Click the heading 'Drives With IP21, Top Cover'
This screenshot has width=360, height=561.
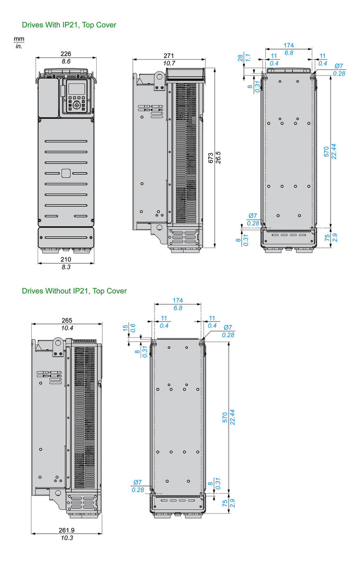[69, 25]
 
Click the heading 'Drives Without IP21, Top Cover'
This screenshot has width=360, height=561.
[74, 291]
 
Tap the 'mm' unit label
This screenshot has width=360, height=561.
[19, 38]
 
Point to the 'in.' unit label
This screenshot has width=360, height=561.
[19, 46]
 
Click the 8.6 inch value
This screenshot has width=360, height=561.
[66, 62]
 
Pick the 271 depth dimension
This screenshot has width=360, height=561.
[168, 56]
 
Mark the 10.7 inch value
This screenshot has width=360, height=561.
[168, 64]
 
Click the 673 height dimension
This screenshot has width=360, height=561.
[211, 160]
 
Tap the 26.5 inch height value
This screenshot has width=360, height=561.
[218, 160]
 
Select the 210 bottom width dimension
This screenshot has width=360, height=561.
[66, 259]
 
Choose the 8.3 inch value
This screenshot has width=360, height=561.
[66, 267]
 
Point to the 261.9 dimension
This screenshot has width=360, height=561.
[66, 530]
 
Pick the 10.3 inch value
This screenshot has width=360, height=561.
[66, 538]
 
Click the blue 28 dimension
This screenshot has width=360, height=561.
[241, 58]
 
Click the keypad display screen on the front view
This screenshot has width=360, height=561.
[76, 89]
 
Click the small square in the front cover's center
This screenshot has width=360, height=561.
[66, 173]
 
